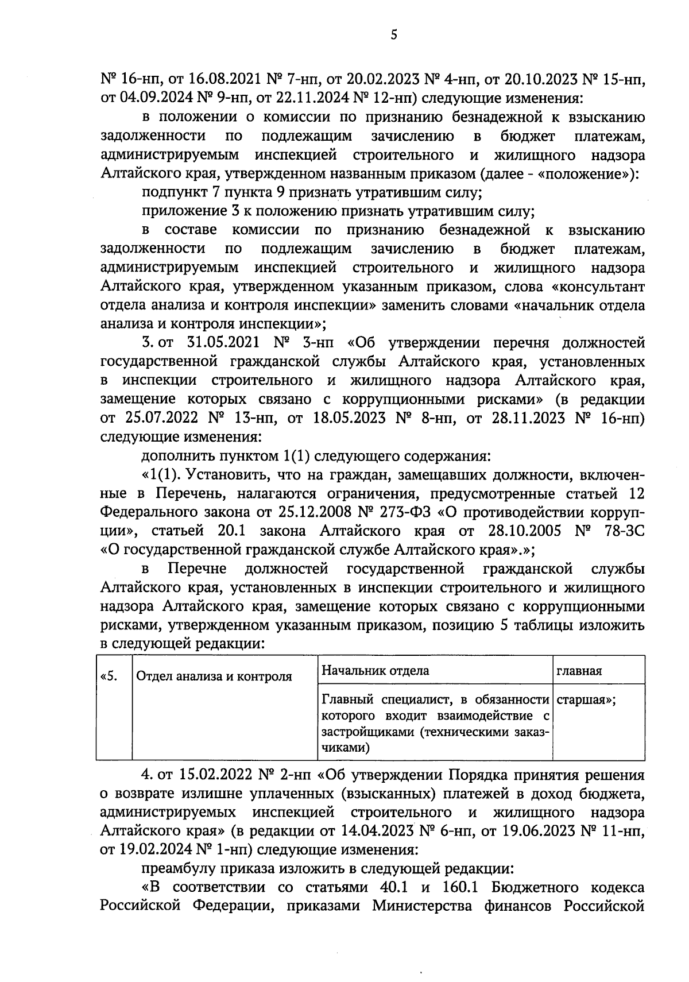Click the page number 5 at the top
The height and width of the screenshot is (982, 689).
[x=393, y=35]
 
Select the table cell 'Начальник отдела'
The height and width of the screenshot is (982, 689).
[x=375, y=671]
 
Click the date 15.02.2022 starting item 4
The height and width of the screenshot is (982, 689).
[x=208, y=775]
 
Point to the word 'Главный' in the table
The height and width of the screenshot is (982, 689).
[x=345, y=701]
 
